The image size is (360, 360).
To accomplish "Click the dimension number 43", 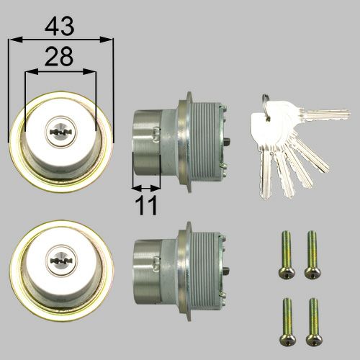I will [61, 26].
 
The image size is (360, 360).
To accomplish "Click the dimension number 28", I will [61, 58].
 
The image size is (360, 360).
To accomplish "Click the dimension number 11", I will [147, 206].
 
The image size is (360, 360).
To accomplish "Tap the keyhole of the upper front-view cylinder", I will [60, 132].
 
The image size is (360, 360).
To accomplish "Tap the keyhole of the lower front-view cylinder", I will [60, 258].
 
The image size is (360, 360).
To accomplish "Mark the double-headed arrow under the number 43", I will [61, 40].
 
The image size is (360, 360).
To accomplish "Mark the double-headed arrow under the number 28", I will [61, 71].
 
